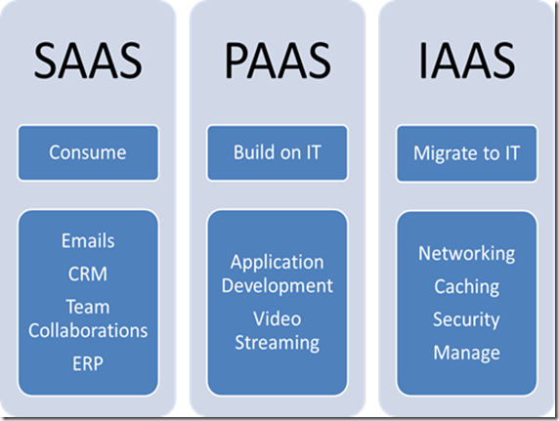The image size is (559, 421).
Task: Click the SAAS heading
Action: pos(88,61)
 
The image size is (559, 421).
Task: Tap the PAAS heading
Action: pos(278,61)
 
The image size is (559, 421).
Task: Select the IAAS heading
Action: pos(467,61)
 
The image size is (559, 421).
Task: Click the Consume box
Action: pos(88,153)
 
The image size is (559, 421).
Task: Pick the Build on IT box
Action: pos(278,153)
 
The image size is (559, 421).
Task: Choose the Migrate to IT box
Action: pos(467,153)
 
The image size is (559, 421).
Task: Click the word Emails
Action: pos(88,240)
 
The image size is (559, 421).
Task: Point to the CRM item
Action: pos(88,274)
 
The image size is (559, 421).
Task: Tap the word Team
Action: pos(88,307)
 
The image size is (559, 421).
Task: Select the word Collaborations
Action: pos(88,330)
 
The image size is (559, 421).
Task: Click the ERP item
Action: pos(88,363)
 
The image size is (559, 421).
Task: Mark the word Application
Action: pos(278,264)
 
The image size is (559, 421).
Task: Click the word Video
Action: pos(278,318)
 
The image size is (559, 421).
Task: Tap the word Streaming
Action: pos(278,344)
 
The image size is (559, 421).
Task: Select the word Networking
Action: pos(467,254)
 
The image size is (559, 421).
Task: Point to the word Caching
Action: pos(467,287)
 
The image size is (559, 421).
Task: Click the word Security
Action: pos(466,319)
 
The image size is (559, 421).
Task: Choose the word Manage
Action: pos(467,354)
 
